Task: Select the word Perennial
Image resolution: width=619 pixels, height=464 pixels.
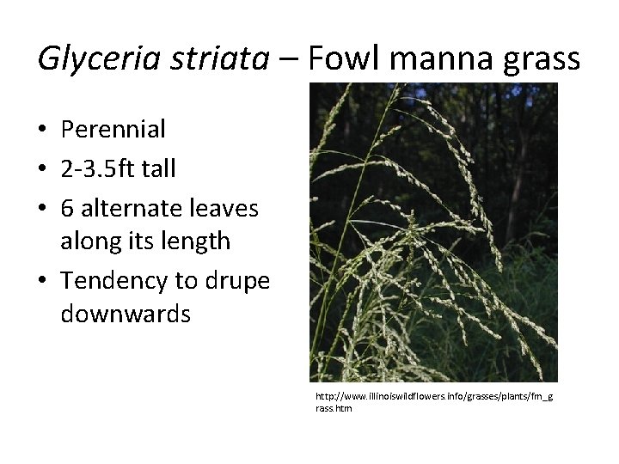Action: click(113, 130)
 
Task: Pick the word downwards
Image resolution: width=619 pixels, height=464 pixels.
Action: click(126, 315)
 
